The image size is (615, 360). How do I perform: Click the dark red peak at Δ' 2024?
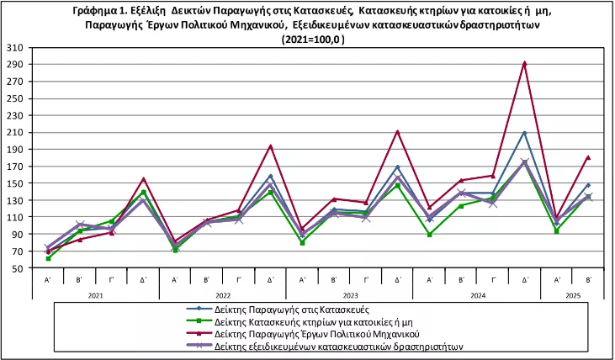click(x=525, y=63)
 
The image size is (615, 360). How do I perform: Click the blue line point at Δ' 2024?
click(x=525, y=132)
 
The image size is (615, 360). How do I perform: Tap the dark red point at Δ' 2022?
click(x=270, y=146)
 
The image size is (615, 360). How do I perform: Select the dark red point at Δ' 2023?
click(x=397, y=131)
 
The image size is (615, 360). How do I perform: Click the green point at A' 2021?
click(x=48, y=258)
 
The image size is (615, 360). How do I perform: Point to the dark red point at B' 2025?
click(x=588, y=157)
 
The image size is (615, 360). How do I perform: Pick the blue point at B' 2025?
click(x=588, y=185)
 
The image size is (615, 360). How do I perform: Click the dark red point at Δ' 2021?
click(x=143, y=178)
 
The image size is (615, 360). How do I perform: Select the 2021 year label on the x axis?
click(x=95, y=294)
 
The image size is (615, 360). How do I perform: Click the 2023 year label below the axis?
click(x=349, y=294)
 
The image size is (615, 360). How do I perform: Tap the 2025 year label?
click(x=572, y=294)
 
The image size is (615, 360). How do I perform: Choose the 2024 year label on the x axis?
click(x=477, y=294)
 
